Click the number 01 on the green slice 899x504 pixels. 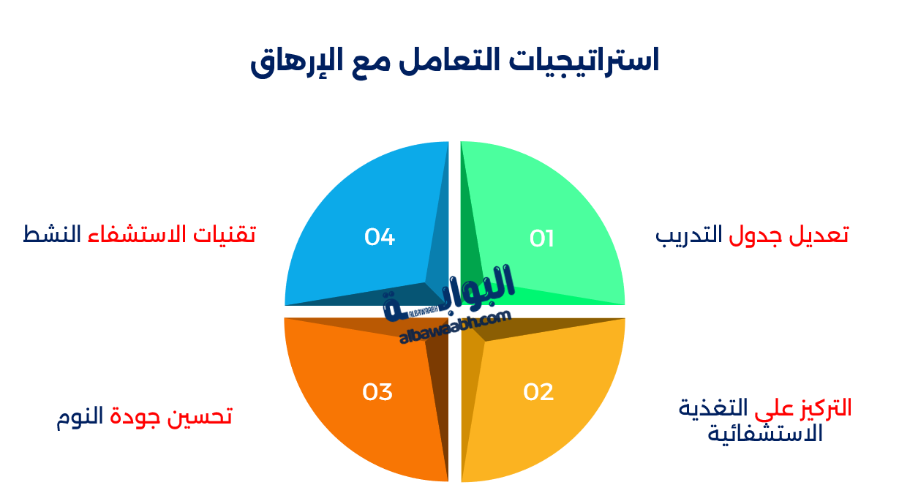click(x=542, y=239)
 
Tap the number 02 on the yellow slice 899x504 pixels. click(x=538, y=393)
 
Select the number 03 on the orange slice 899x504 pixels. click(x=377, y=393)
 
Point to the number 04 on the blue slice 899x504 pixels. click(x=380, y=238)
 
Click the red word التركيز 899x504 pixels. click(x=824, y=407)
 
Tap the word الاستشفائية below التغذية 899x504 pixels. click(x=765, y=434)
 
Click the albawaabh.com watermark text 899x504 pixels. click(x=455, y=327)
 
